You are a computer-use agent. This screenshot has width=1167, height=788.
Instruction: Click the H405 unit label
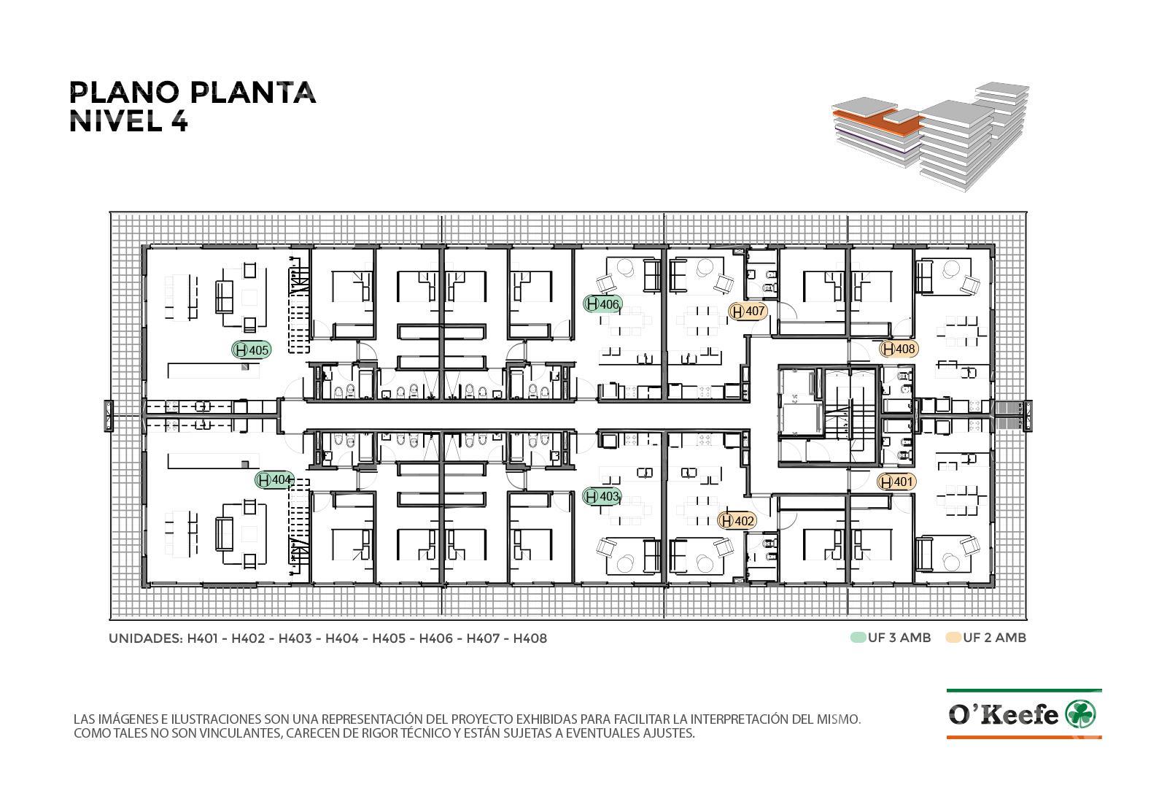pyautogui.click(x=252, y=349)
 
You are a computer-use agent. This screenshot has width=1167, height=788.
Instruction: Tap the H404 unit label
pyautogui.click(x=274, y=479)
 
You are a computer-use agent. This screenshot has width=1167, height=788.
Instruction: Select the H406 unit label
pyautogui.click(x=602, y=304)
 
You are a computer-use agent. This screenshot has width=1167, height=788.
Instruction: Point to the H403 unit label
pyautogui.click(x=602, y=496)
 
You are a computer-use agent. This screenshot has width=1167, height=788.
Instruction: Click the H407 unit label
pyautogui.click(x=748, y=312)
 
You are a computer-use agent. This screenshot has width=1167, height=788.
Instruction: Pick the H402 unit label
pyautogui.click(x=737, y=521)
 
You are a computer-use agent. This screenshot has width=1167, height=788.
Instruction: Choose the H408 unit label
pyautogui.click(x=899, y=349)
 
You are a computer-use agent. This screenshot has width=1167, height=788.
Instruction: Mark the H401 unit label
pyautogui.click(x=896, y=482)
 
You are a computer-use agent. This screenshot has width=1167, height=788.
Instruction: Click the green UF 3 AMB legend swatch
pyautogui.click(x=858, y=638)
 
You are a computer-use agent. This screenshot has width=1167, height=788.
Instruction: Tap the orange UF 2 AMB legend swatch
pyautogui.click(x=953, y=638)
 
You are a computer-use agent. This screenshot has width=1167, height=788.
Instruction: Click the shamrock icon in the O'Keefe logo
pyautogui.click(x=1081, y=714)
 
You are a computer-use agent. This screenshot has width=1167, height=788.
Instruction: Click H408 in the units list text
pyautogui.click(x=530, y=638)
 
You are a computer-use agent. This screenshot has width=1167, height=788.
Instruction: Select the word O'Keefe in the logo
pyautogui.click(x=1004, y=714)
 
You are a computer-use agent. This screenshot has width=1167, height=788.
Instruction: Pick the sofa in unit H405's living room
pyautogui.click(x=224, y=296)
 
